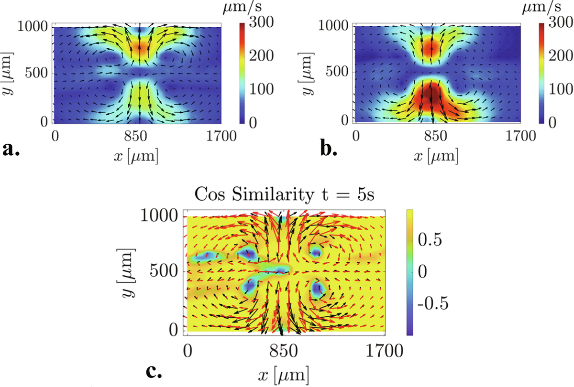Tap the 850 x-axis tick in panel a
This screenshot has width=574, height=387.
[x=140, y=136]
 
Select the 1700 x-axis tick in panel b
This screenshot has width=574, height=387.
[x=520, y=136]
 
